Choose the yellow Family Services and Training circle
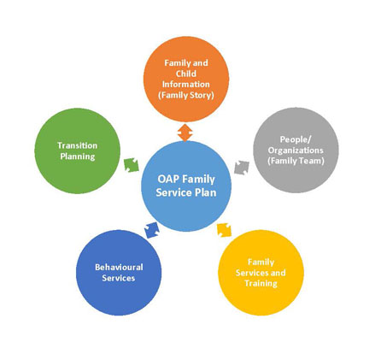tap(261, 272)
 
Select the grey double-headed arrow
tap(242, 165)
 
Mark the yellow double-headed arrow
tap(224, 228)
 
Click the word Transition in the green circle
tap(76, 145)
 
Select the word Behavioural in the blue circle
tap(119, 267)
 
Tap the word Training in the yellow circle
tap(261, 283)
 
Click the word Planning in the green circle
tap(76, 156)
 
